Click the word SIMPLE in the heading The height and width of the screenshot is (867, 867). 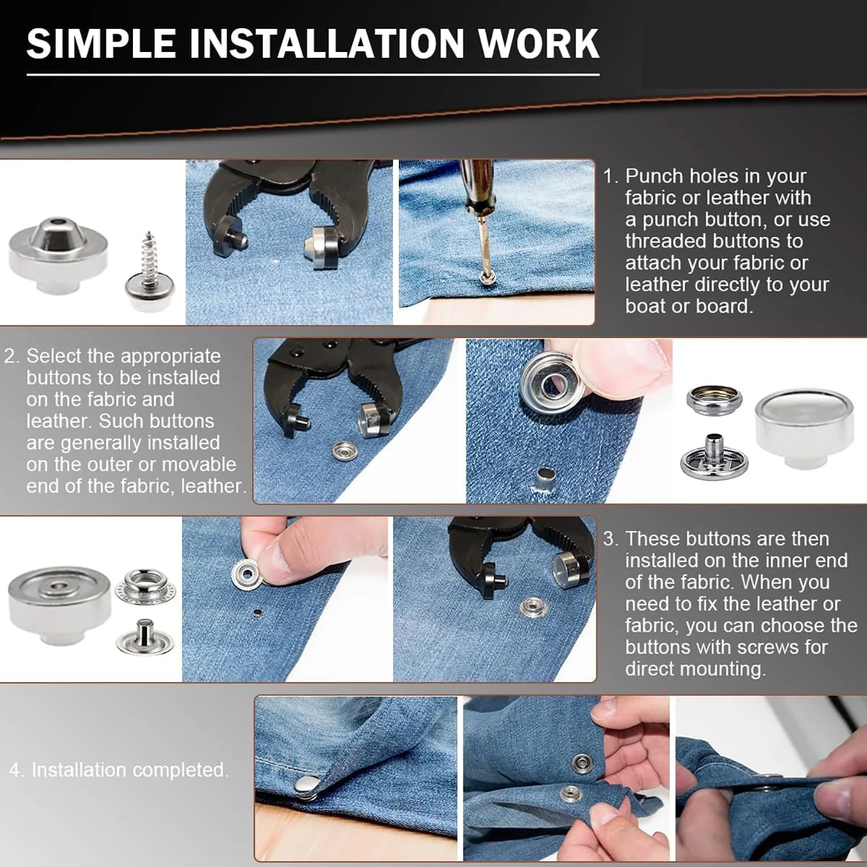pos(101,43)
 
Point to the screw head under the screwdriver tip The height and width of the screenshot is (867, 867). pos(487,279)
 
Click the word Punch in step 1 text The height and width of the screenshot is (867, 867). pos(657,176)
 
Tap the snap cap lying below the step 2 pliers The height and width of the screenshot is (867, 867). pos(345,451)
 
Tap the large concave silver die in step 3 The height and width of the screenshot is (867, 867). pos(59,605)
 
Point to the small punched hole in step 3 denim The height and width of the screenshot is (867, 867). pos(258,613)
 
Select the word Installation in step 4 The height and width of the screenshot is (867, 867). pos(79,770)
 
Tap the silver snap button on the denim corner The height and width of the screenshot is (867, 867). pos(306,785)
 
